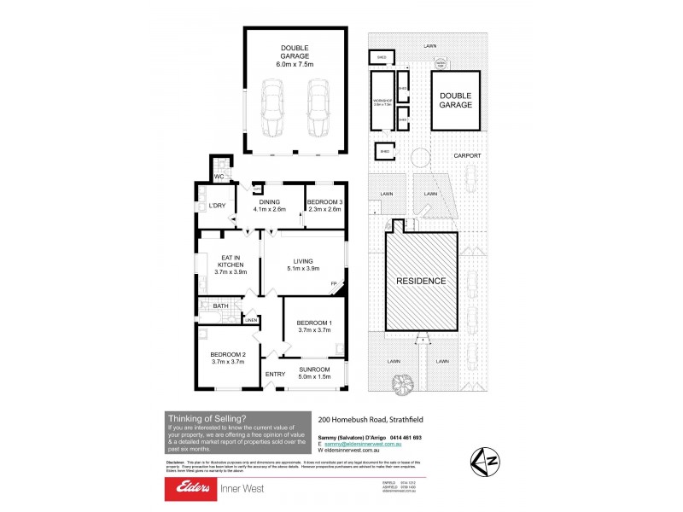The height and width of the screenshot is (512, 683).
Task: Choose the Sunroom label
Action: click(314, 374)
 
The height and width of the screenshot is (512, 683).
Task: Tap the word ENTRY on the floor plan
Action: click(275, 374)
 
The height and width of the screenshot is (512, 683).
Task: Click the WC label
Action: click(219, 177)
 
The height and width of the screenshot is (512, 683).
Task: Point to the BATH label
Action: click(220, 305)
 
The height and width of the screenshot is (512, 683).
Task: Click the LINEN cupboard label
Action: click(251, 321)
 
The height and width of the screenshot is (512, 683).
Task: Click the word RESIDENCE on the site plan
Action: click(420, 280)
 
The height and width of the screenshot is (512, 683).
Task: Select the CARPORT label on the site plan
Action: click(467, 156)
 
